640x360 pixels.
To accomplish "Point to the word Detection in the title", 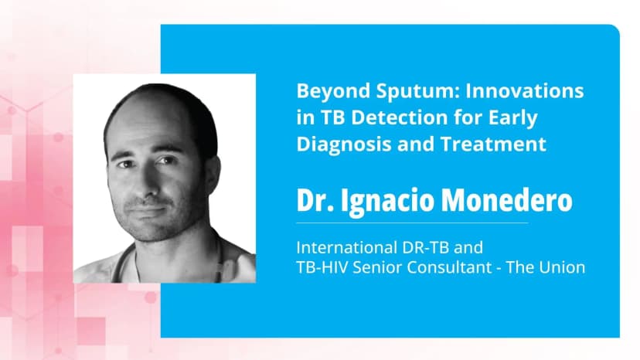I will [381, 118].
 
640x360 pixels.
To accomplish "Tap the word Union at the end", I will [563, 267].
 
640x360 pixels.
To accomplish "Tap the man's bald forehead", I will [155, 116].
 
